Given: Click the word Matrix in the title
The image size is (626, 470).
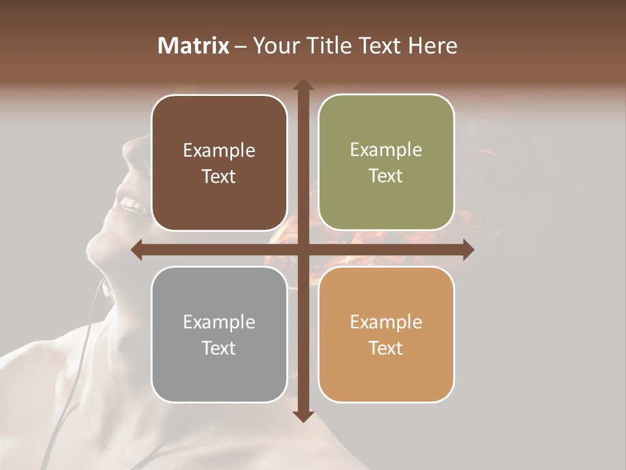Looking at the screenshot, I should coord(194,46).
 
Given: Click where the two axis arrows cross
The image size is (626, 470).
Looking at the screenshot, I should coord(303,250).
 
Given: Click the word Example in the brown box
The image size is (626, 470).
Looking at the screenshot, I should coord(219,151).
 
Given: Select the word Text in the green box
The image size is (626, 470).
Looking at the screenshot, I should coord(386,176).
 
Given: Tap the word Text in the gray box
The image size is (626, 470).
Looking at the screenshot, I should coord(219,348).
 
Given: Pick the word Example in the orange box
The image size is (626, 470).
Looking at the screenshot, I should coord(386,322).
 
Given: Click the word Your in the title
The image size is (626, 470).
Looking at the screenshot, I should coord(275,46).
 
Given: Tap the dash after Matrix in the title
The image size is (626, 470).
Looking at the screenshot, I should coord(241,46).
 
